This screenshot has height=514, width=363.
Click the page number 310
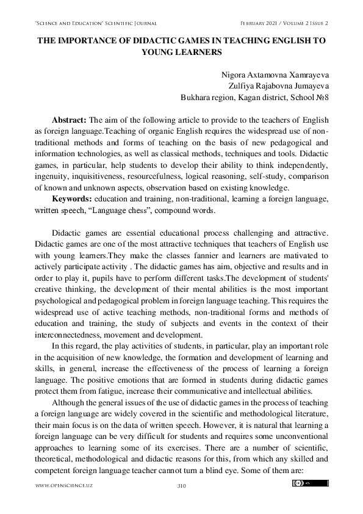click(x=181, y=486)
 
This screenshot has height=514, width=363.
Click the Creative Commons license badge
click(x=311, y=483)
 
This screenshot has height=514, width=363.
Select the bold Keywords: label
click(x=73, y=199)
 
